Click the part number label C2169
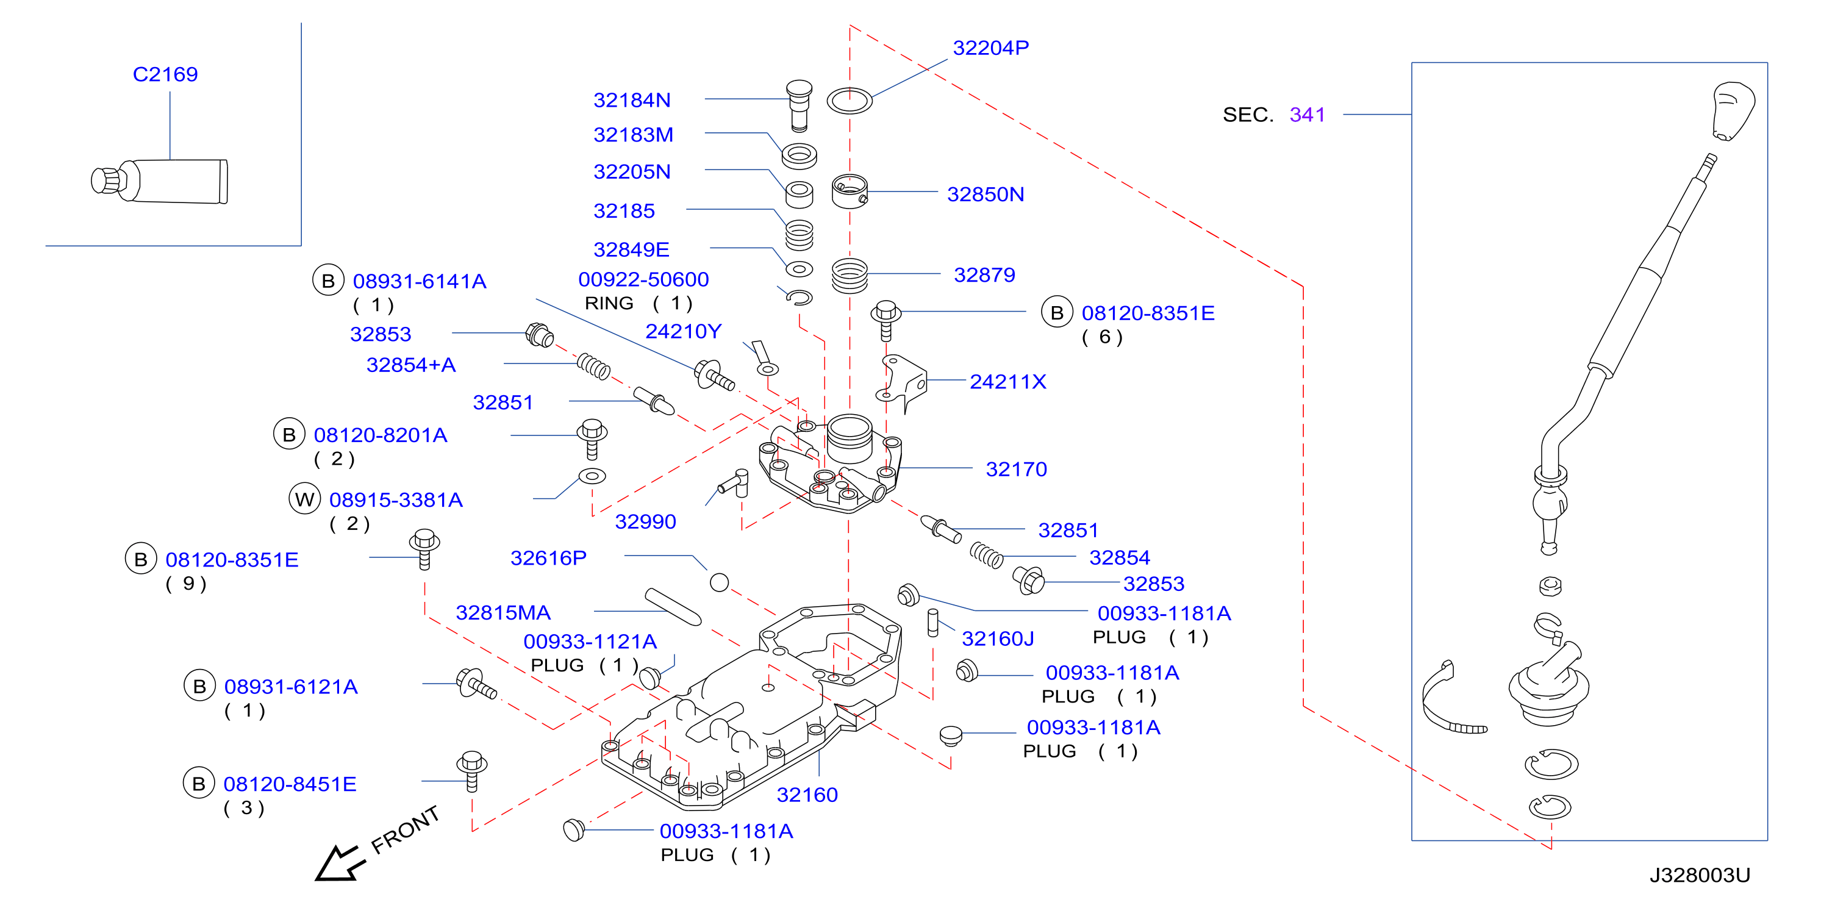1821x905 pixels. [165, 74]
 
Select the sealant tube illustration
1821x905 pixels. [160, 181]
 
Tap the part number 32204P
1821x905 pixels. [990, 48]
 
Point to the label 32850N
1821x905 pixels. [986, 195]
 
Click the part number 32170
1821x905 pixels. [1016, 469]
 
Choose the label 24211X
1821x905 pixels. [1007, 382]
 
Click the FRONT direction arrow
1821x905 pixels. [339, 862]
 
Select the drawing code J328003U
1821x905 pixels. [1700, 875]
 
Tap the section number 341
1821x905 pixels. [1307, 115]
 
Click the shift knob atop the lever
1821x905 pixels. [1733, 111]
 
